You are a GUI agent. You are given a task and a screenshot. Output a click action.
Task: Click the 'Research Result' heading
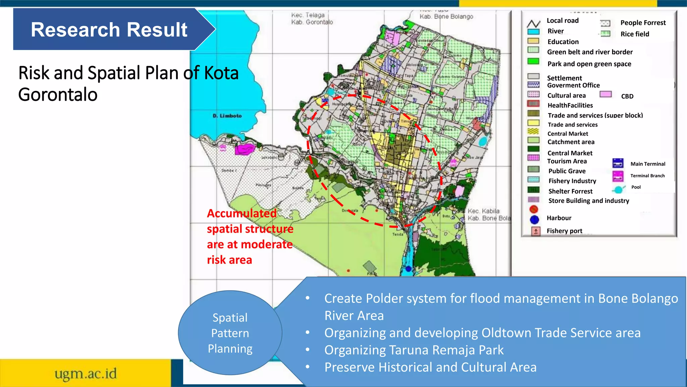click(109, 30)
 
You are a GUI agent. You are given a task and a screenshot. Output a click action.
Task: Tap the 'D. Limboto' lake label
click(227, 116)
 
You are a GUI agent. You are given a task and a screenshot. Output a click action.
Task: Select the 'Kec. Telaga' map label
click(308, 15)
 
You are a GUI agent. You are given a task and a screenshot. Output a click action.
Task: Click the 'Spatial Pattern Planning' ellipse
click(230, 333)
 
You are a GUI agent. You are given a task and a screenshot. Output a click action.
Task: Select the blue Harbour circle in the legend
click(534, 220)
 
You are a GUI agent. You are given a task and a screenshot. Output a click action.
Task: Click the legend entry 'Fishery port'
click(564, 231)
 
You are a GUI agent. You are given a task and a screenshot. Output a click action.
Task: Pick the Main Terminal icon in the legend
click(618, 163)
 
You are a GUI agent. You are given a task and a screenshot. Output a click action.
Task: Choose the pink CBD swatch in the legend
click(605, 94)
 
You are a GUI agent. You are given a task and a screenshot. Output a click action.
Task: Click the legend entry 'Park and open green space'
click(589, 64)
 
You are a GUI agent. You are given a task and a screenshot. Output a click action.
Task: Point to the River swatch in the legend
click(533, 32)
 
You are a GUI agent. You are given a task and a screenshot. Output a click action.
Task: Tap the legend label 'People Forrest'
click(643, 23)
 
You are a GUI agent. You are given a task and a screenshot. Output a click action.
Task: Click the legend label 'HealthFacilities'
click(570, 105)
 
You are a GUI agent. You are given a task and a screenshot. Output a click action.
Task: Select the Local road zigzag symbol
click(533, 24)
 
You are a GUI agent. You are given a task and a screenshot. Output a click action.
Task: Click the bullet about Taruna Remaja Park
click(414, 350)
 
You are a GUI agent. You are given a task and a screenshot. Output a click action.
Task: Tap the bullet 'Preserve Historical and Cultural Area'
click(430, 367)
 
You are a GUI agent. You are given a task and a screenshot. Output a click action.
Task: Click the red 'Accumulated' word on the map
click(242, 213)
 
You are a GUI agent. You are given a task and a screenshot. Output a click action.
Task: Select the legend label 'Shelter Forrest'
click(570, 191)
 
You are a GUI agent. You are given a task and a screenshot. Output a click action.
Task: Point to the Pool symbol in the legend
click(618, 189)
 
